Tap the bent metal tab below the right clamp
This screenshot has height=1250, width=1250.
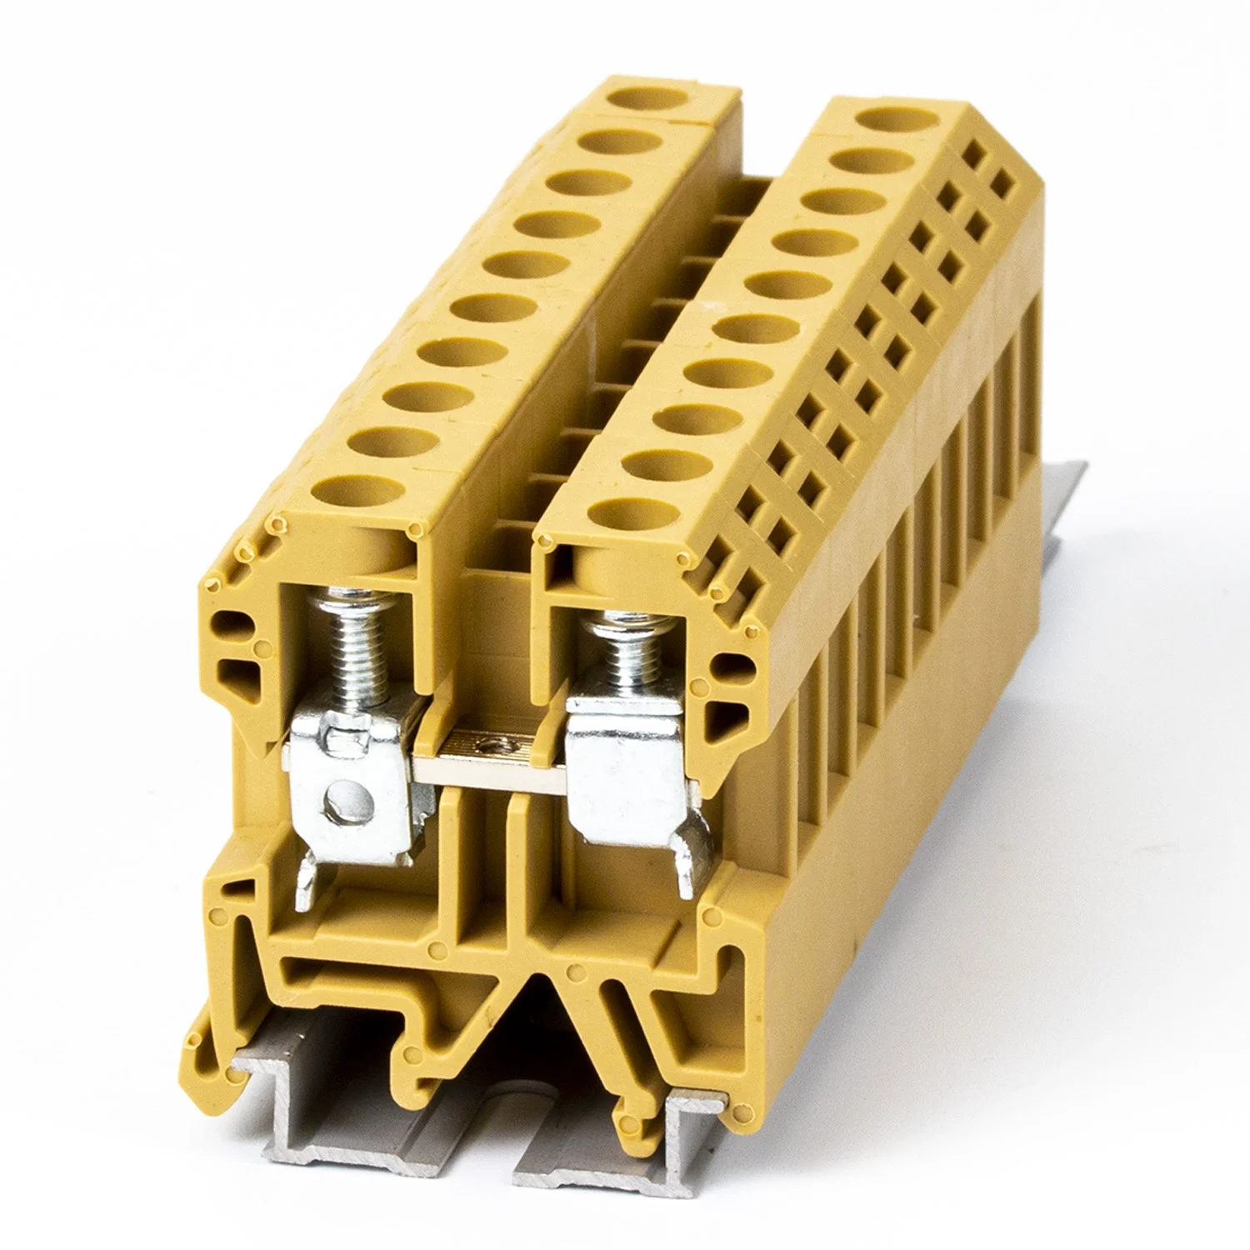[693, 867]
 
